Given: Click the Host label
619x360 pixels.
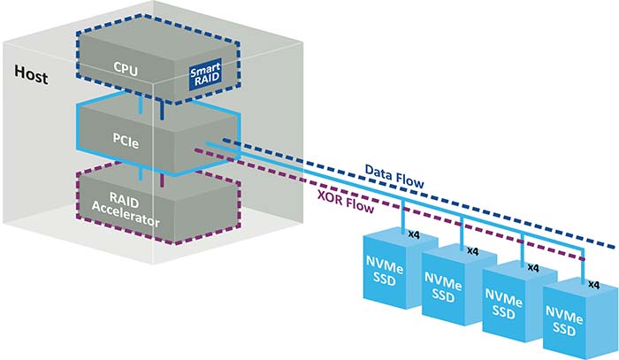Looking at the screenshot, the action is (31, 74).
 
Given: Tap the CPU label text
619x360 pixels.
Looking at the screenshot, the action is (126, 68).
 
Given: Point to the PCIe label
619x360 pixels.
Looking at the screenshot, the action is (126, 141).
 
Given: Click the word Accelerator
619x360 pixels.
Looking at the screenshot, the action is (126, 216).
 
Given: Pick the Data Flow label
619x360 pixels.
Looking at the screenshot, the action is (394, 176).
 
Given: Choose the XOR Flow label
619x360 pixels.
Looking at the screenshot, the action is (346, 202).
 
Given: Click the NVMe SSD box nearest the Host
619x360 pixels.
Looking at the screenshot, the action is (399, 267).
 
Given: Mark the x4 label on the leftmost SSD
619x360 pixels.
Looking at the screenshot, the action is (414, 235).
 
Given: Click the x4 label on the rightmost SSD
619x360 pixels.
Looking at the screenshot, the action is (593, 285).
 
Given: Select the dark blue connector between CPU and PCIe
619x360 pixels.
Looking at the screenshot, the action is (162, 111).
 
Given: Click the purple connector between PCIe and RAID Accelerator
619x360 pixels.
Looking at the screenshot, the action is (162, 180).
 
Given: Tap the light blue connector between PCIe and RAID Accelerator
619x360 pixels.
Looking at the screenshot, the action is (141, 172).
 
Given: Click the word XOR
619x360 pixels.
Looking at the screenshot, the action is (330, 197).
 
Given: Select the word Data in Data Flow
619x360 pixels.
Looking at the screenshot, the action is (378, 172).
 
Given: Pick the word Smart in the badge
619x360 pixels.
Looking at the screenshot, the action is (205, 70).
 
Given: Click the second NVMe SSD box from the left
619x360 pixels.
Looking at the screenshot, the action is (459, 283).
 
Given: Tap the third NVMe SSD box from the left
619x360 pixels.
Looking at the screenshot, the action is (520, 301).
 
